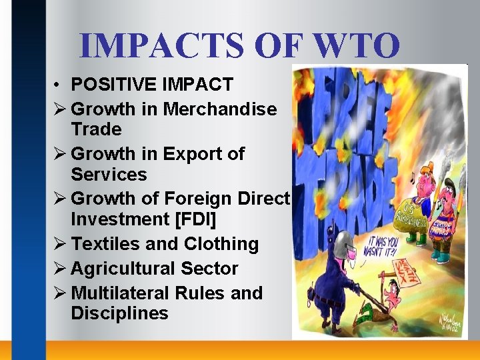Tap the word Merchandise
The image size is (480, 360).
pyautogui.click(x=219, y=109)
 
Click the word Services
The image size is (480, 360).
pyautogui.click(x=109, y=174)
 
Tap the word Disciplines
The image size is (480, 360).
pyautogui.click(x=119, y=313)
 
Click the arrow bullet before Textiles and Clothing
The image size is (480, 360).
pyautogui.click(x=60, y=244)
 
